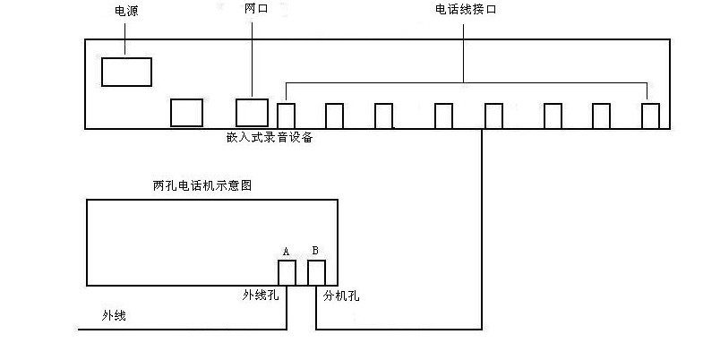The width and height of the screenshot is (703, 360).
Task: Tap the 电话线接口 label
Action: (x=465, y=9)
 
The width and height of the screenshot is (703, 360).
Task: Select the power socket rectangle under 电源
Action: (x=126, y=72)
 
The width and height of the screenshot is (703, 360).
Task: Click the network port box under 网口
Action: (x=252, y=112)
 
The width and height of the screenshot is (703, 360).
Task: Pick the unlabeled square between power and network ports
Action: (x=186, y=112)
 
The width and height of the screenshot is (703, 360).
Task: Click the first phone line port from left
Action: (x=287, y=116)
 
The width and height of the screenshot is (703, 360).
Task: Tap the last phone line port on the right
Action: (x=651, y=116)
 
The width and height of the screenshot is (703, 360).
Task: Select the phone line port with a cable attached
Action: (x=493, y=116)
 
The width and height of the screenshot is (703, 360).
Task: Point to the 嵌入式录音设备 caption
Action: (x=270, y=139)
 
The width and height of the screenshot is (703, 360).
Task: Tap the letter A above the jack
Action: (x=287, y=252)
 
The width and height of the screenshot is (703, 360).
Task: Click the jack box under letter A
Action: (x=287, y=272)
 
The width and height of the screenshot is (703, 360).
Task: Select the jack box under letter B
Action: (x=316, y=272)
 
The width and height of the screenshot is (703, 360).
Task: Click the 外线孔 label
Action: (x=261, y=294)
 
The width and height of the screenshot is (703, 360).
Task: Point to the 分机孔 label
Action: (x=342, y=294)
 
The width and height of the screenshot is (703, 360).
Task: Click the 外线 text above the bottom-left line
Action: (x=114, y=315)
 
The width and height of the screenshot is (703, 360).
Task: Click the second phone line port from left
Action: (x=334, y=116)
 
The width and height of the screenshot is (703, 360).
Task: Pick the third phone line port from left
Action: (x=383, y=116)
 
